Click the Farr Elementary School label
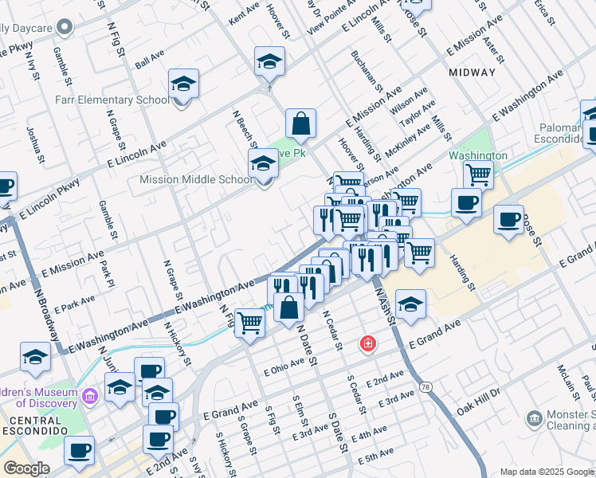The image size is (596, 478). (112, 100)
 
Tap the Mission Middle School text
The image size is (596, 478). (196, 179)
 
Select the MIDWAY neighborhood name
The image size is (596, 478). (472, 72)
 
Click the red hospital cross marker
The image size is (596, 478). (367, 344)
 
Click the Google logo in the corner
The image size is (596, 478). (27, 468)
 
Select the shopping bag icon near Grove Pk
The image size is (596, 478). (300, 124)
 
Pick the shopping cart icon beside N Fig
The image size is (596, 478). (249, 323)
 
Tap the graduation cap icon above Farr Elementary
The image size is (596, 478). (183, 84)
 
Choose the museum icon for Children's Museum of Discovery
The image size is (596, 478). (90, 394)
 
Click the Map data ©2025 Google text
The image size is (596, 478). (547, 472)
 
